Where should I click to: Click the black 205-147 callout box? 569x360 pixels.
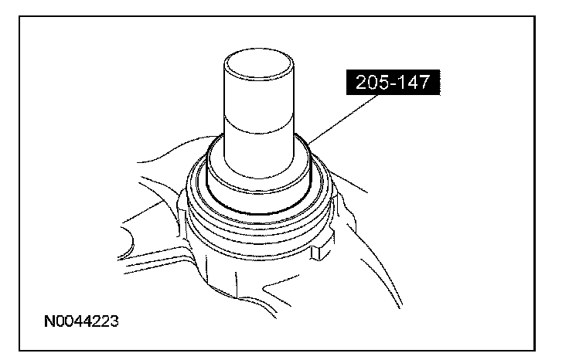pos(393,83)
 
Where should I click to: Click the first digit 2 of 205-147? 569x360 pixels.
pos(361,83)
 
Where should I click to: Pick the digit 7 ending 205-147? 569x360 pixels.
pos(424,83)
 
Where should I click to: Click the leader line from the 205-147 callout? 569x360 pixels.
pos(342,119)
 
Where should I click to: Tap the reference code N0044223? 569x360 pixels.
pos(81,321)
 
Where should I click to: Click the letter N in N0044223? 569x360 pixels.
pos(49,321)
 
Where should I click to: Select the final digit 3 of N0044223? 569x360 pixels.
pos(114,321)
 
